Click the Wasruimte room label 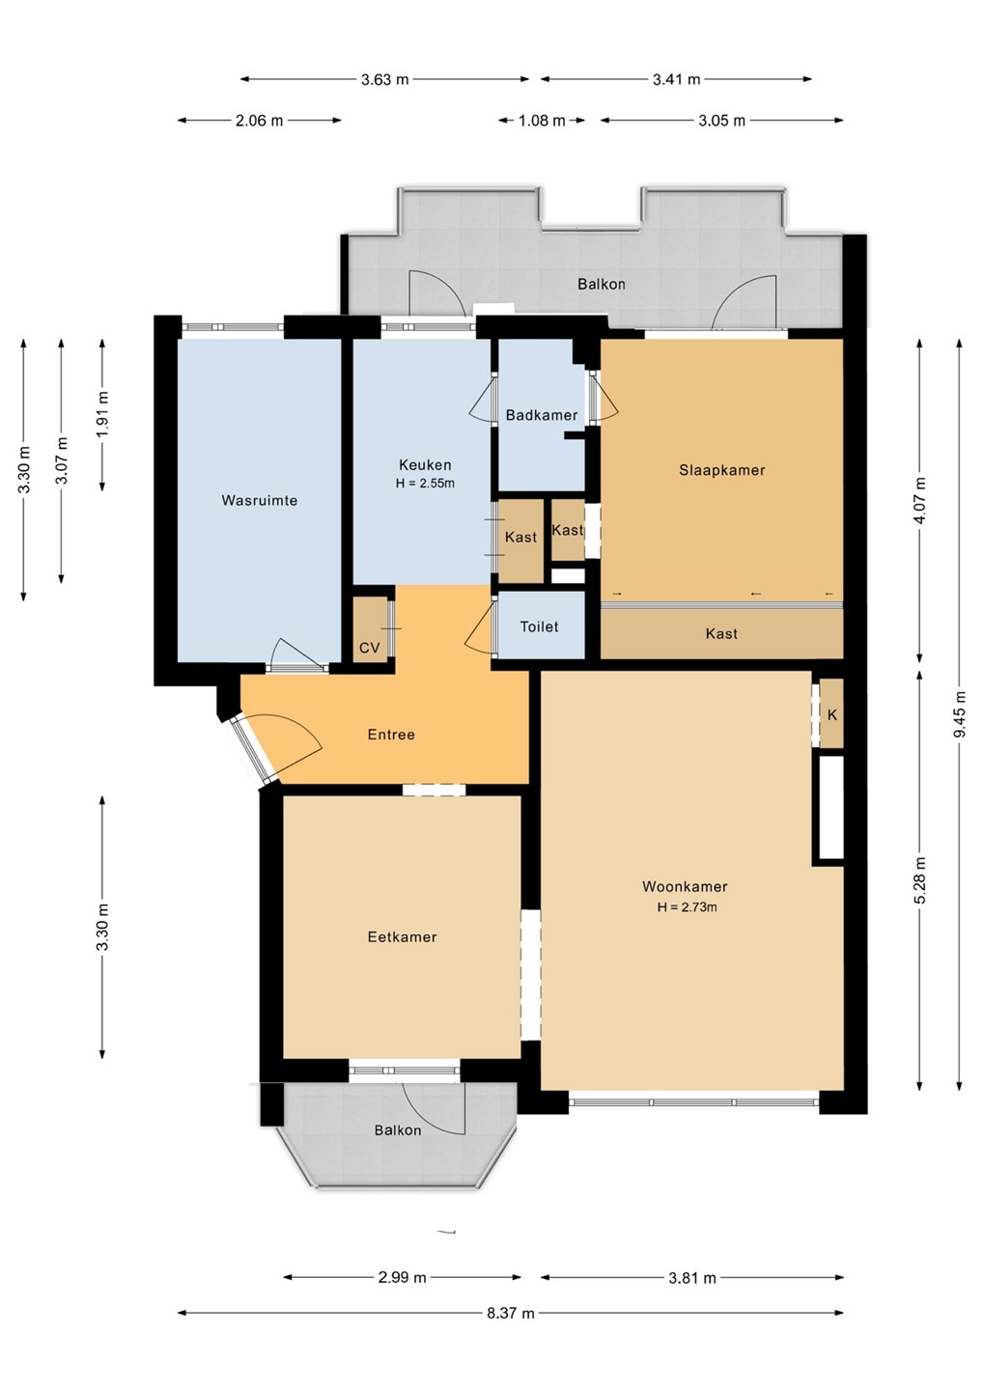260,500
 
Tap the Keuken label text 425,465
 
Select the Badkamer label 542,415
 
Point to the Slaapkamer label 721,470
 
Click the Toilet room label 539,626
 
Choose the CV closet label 369,648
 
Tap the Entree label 391,735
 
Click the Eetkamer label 402,937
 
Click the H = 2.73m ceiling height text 687,907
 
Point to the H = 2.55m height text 425,484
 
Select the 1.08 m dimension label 542,121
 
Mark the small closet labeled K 832,713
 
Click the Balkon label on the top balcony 602,284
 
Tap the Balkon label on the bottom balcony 398,1130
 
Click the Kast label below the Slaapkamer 721,633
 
